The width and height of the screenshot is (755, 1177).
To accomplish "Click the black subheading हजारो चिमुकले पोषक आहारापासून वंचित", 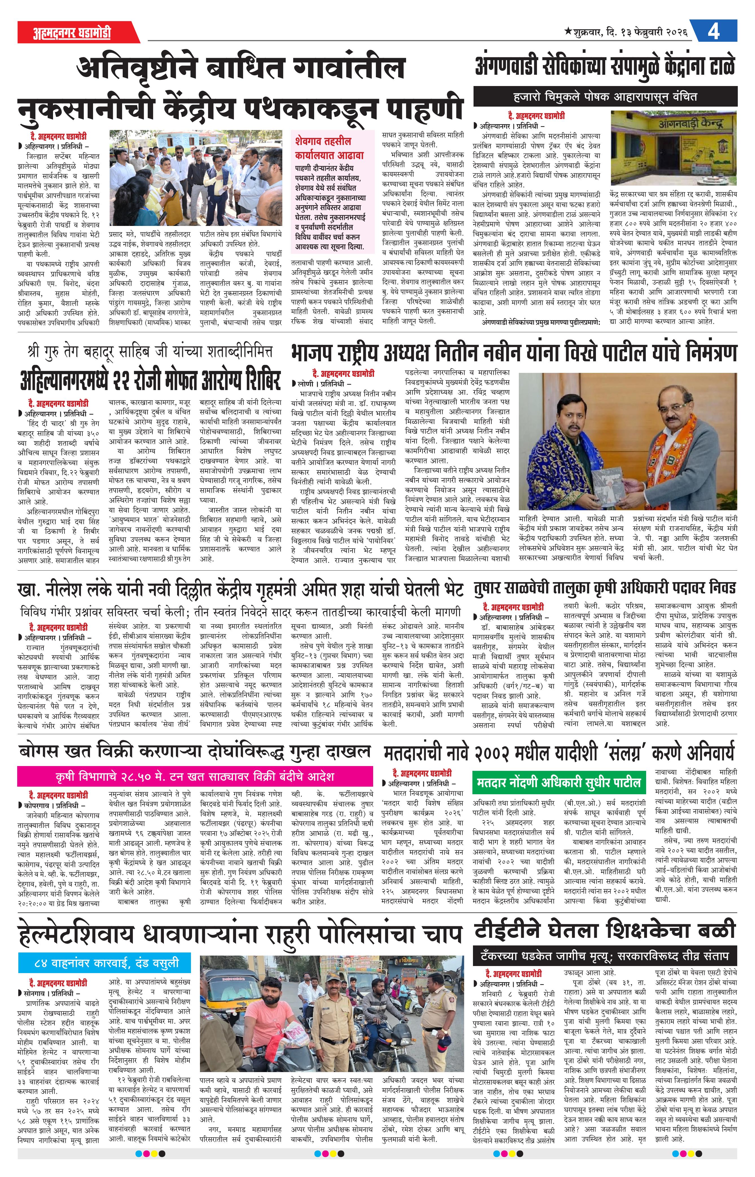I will click(605, 96).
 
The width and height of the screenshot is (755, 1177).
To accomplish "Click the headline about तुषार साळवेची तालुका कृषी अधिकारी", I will click(605, 588).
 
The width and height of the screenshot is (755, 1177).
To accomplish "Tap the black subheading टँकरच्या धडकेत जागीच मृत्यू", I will click(605, 956).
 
